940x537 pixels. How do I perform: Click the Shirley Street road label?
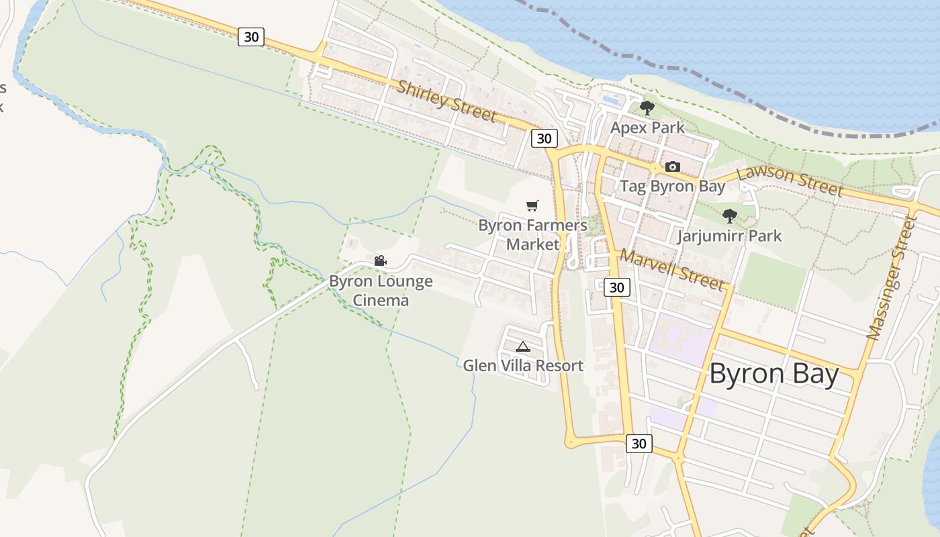446,101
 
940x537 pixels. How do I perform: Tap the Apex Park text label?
647,128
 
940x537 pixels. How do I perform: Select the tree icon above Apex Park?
647,107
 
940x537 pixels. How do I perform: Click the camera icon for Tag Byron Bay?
672,166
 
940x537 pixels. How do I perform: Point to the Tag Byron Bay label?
672,186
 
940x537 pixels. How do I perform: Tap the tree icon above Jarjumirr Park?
729,216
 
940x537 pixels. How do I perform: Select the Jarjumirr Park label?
729,236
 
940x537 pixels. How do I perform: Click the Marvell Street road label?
672,270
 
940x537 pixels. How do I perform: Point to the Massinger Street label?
892,278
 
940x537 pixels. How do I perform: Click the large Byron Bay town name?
773,374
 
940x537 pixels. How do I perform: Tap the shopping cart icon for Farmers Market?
532,205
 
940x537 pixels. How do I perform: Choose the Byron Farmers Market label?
532,234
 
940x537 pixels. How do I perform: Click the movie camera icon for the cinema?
380,260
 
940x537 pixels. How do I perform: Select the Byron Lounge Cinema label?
381,290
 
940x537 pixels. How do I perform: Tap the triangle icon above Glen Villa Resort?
523,346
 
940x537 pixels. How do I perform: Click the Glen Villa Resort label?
523,366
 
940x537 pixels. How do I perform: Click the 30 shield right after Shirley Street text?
544,138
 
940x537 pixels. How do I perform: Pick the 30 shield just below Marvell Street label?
616,287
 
